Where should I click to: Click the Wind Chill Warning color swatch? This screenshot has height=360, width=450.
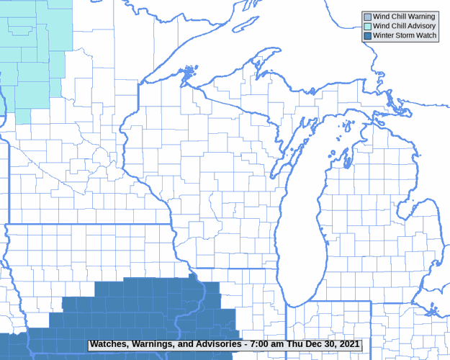(367, 17)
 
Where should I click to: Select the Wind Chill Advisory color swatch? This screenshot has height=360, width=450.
(367, 26)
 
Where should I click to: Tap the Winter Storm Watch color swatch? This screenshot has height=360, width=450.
(367, 35)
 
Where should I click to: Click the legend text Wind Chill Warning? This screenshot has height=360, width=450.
(404, 17)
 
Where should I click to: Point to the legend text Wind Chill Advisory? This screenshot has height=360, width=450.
(404, 26)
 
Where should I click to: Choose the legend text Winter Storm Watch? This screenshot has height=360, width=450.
(405, 35)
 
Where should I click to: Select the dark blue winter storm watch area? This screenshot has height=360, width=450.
(144, 310)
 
